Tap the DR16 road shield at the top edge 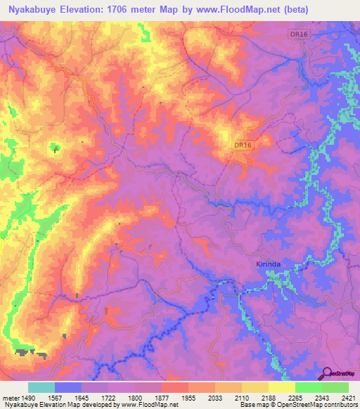click(x=298, y=33)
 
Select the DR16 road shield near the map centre click(x=243, y=145)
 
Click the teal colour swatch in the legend click(x=41, y=387)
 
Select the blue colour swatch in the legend click(x=68, y=387)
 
